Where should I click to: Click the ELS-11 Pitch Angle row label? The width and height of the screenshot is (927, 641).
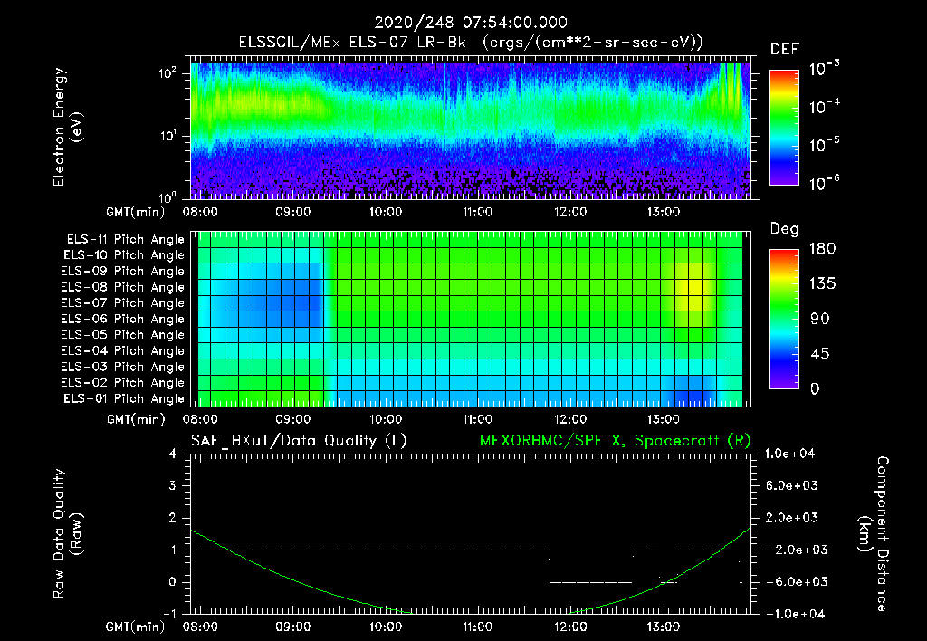tap(125, 239)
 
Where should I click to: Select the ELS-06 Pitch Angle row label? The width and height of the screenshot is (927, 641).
tap(123, 319)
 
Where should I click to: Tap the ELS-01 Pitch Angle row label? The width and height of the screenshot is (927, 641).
tap(123, 398)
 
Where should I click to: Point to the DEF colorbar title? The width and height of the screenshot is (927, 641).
tap(784, 49)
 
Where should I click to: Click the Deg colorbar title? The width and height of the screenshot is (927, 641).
tap(784, 229)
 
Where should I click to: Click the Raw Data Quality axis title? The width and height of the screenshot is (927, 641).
tap(69, 534)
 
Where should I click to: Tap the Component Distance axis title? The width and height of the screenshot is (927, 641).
tap(873, 534)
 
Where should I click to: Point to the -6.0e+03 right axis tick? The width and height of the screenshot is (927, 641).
tap(792, 581)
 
